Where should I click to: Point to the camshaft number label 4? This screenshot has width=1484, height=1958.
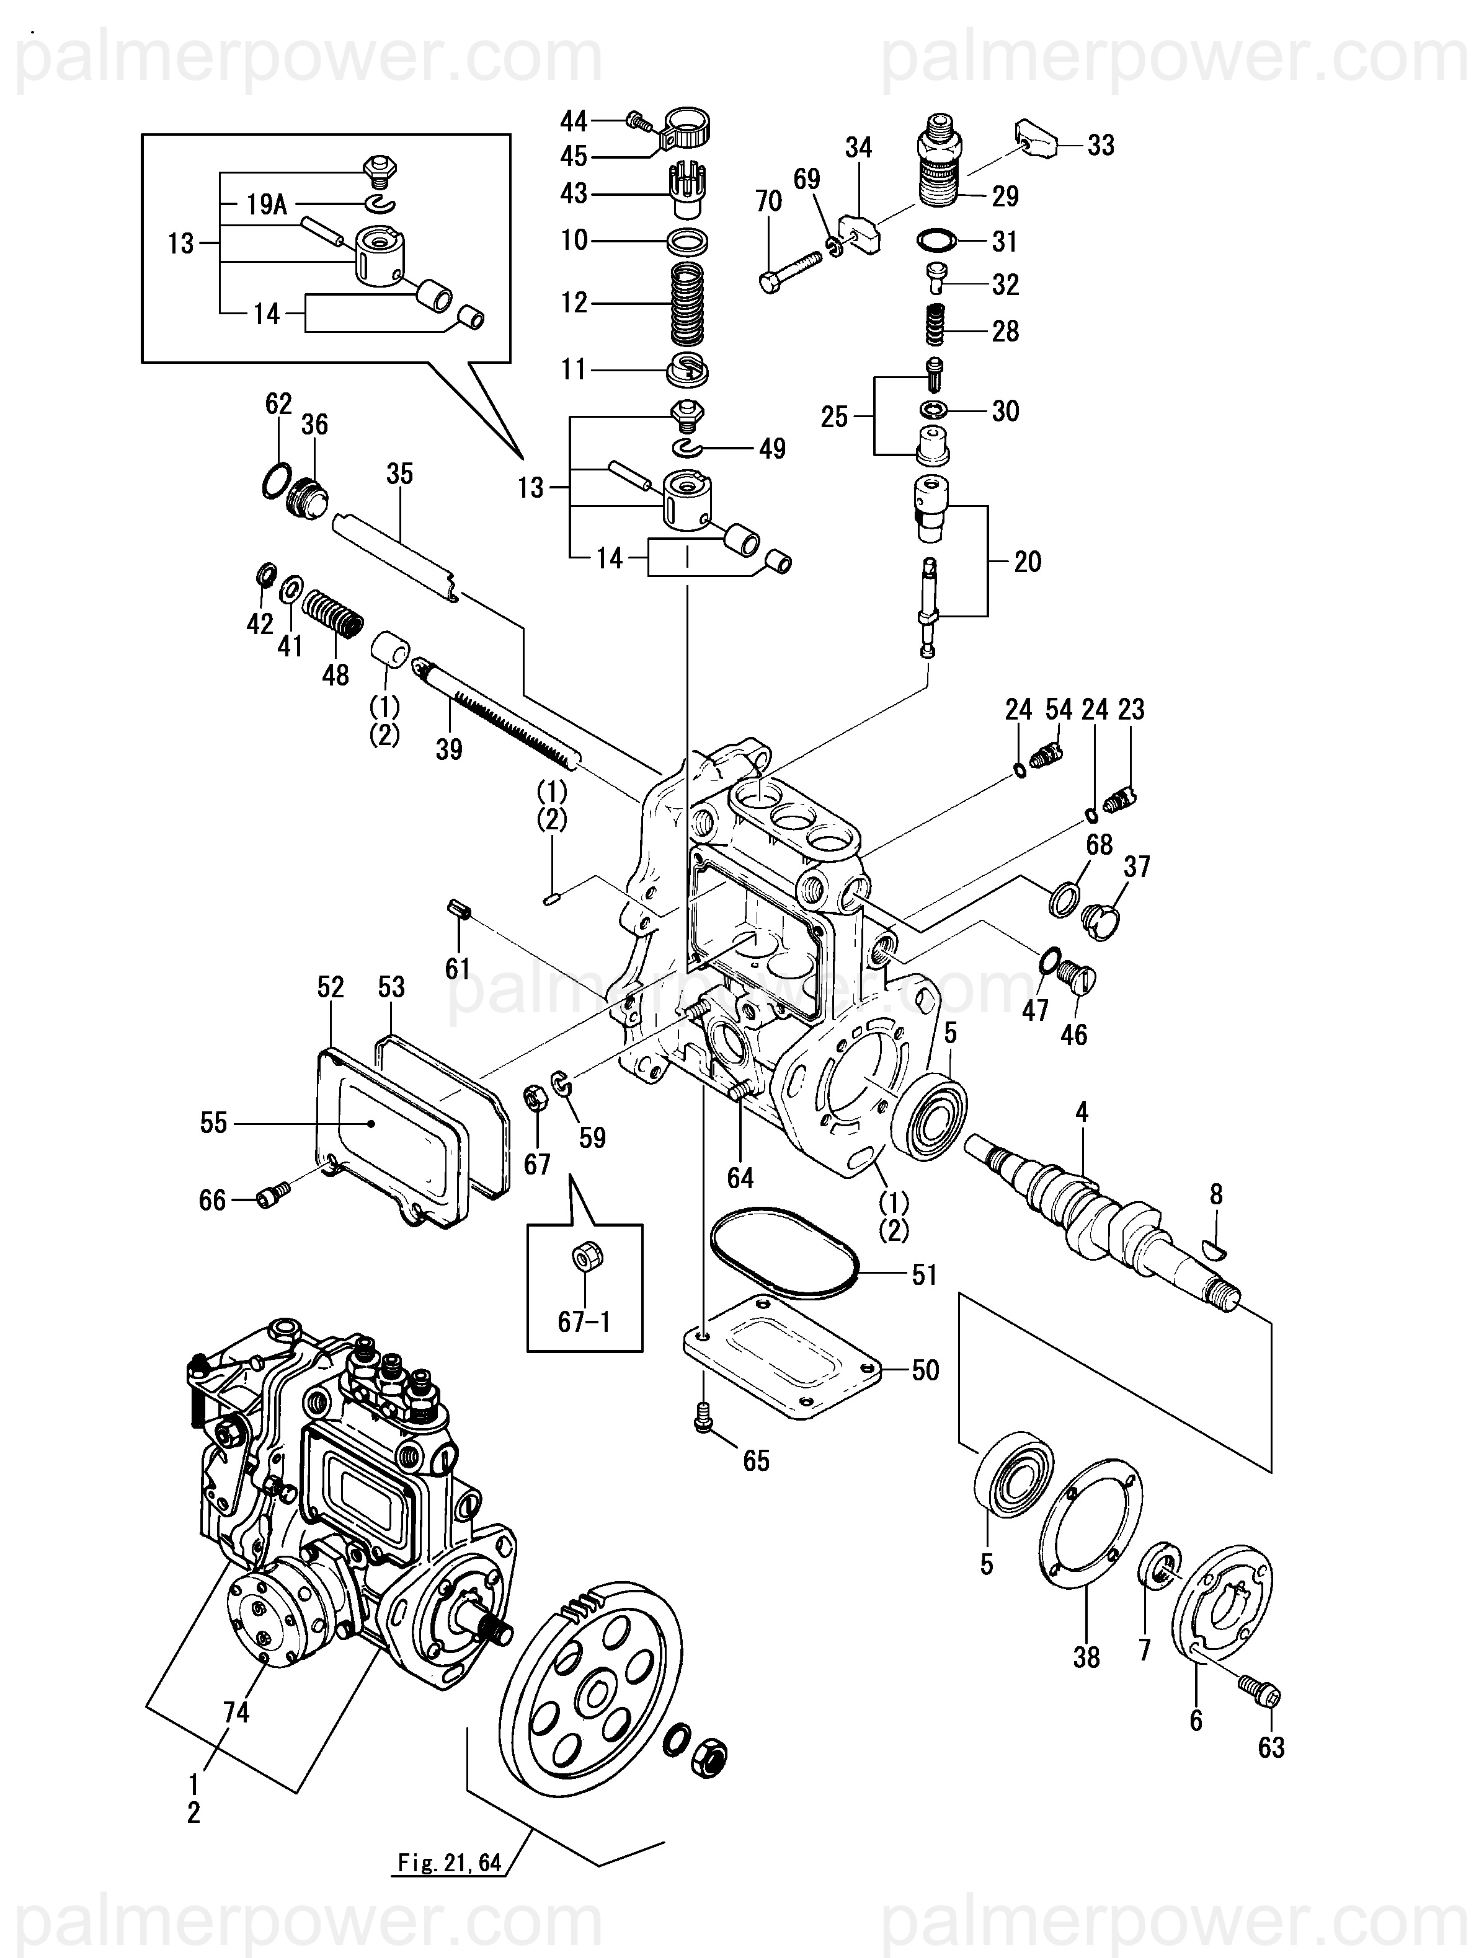tap(1081, 1112)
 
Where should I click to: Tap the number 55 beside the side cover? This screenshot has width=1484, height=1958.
tap(213, 1123)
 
